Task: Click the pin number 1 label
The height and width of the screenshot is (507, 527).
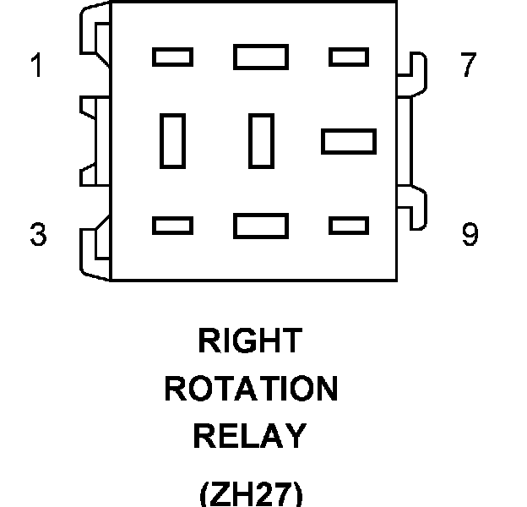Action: [36, 66]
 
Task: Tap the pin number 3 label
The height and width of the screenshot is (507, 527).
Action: [37, 234]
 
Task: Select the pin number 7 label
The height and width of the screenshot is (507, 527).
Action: [469, 66]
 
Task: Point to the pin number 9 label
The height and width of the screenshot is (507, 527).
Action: [470, 234]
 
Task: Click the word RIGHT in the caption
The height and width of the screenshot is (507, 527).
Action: [249, 341]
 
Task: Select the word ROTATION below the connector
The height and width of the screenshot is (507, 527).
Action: [251, 390]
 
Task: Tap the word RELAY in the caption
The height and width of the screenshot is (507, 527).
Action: [249, 437]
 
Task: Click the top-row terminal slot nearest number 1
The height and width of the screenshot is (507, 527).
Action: [172, 57]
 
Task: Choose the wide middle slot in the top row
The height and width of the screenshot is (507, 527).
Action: [261, 57]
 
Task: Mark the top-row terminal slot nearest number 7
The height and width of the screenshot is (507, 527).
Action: [348, 57]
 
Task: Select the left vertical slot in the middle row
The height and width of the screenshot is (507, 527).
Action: [172, 140]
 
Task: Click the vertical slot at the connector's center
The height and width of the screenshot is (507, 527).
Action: [261, 140]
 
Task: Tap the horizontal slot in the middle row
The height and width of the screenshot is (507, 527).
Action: [348, 140]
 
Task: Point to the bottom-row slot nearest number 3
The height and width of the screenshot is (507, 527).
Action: [172, 226]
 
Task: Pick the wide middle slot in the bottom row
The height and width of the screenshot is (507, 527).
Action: [261, 226]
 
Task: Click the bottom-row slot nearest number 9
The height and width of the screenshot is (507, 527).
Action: [348, 226]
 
